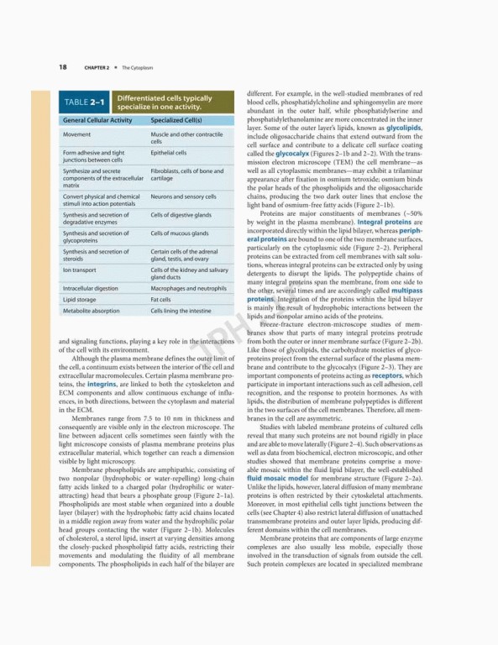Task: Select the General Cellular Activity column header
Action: (x=97, y=121)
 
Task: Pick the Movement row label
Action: (x=76, y=134)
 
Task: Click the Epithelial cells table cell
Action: (x=169, y=153)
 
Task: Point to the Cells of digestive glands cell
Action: (x=181, y=215)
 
